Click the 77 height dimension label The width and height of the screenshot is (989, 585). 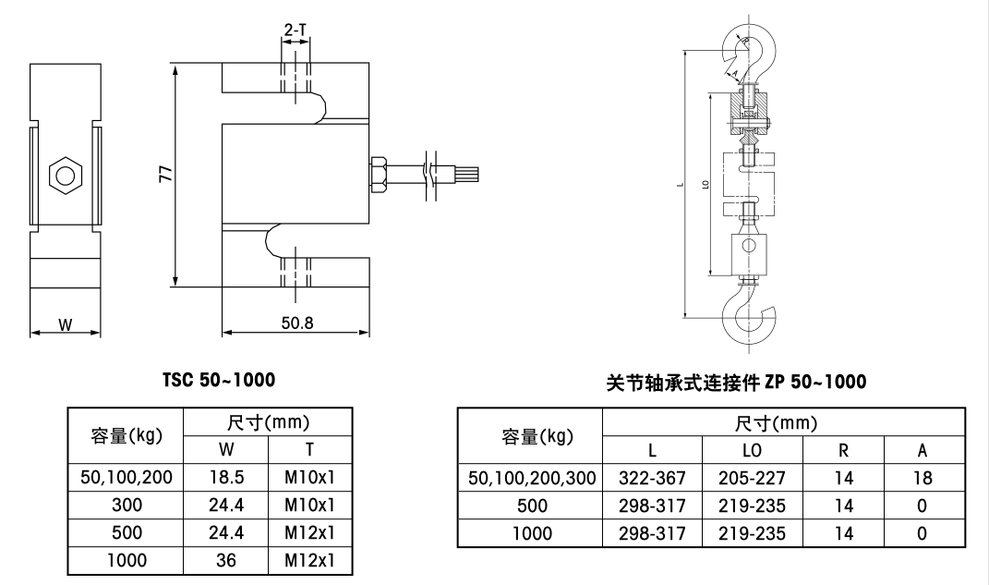[x=164, y=175]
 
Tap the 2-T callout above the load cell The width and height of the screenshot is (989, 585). [x=295, y=30]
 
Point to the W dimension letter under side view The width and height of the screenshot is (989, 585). [x=65, y=324]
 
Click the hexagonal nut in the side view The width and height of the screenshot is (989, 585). [x=65, y=174]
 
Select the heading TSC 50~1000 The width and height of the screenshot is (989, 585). [x=218, y=380]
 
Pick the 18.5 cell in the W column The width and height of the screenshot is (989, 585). [x=225, y=478]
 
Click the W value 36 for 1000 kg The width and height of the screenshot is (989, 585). [x=225, y=561]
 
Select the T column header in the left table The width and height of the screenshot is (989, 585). [x=309, y=450]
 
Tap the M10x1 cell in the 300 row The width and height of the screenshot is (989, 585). [x=309, y=506]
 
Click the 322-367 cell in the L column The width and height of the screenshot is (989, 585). [x=652, y=478]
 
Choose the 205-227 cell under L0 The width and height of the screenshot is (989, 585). [x=751, y=478]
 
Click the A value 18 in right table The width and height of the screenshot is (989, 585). [x=922, y=478]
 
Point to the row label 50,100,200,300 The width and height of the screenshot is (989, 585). [x=530, y=478]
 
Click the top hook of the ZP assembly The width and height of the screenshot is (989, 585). [x=752, y=52]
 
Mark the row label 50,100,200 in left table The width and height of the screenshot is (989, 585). [x=126, y=478]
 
